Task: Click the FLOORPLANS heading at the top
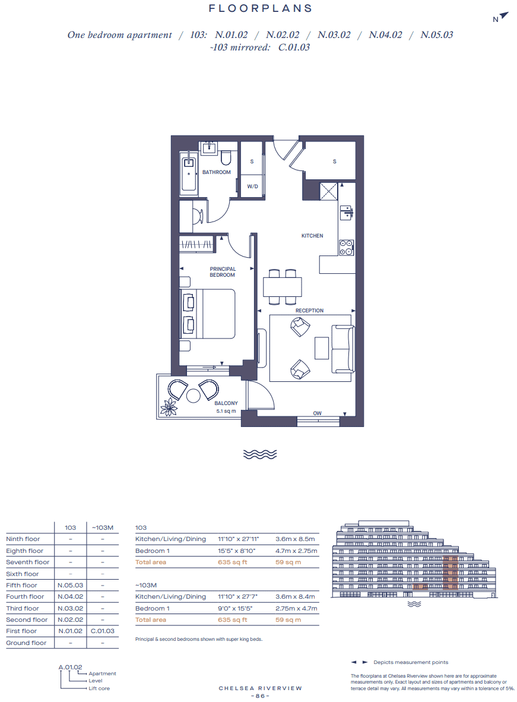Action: pyautogui.click(x=261, y=9)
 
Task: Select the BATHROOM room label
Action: pyautogui.click(x=216, y=172)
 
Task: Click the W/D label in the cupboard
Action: pyautogui.click(x=252, y=186)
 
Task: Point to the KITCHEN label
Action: pyautogui.click(x=312, y=236)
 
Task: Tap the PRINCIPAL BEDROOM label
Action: pyautogui.click(x=223, y=272)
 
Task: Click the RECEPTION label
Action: pyautogui.click(x=310, y=311)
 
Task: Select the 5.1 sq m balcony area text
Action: pyautogui.click(x=226, y=411)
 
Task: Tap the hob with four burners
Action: pyautogui.click(x=346, y=247)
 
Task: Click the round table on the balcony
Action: pyautogui.click(x=194, y=396)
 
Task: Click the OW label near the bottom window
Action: pyautogui.click(x=318, y=413)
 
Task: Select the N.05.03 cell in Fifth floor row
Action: pyautogui.click(x=70, y=585)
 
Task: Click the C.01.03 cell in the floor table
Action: pyautogui.click(x=103, y=631)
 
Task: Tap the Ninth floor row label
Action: pyautogui.click(x=23, y=539)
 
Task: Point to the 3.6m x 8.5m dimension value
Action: pyautogui.click(x=295, y=539)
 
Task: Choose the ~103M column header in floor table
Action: pyautogui.click(x=103, y=527)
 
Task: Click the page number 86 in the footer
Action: pyautogui.click(x=260, y=695)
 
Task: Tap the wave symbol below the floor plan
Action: pyautogui.click(x=261, y=454)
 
